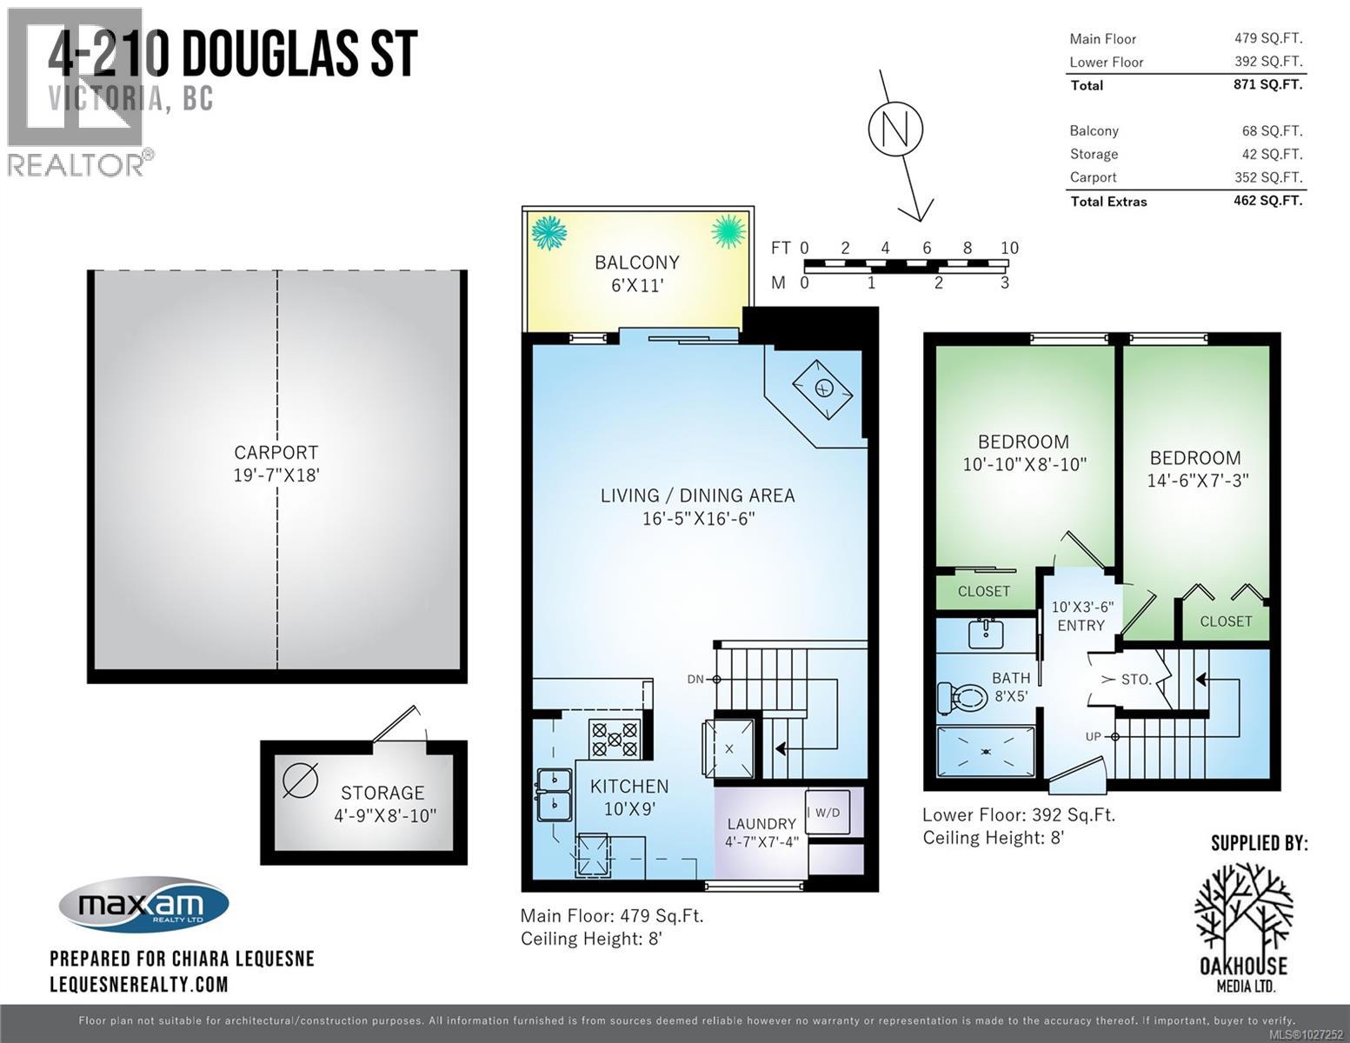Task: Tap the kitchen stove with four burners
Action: [615, 739]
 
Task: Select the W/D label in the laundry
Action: [827, 813]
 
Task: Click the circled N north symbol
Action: [895, 130]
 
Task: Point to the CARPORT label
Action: [276, 453]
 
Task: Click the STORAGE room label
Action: [382, 793]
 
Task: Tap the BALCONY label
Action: [636, 262]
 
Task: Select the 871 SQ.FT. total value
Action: [1268, 84]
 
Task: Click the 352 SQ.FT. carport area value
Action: [1268, 177]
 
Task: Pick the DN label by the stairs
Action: [695, 680]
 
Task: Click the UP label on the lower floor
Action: [1094, 737]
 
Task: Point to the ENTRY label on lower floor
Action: [1081, 626]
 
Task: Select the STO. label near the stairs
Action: [1135, 680]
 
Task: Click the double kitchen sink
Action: [554, 794]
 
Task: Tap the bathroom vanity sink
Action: [986, 632]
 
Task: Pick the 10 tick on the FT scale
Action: [1008, 249]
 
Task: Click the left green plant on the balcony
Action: [549, 232]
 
